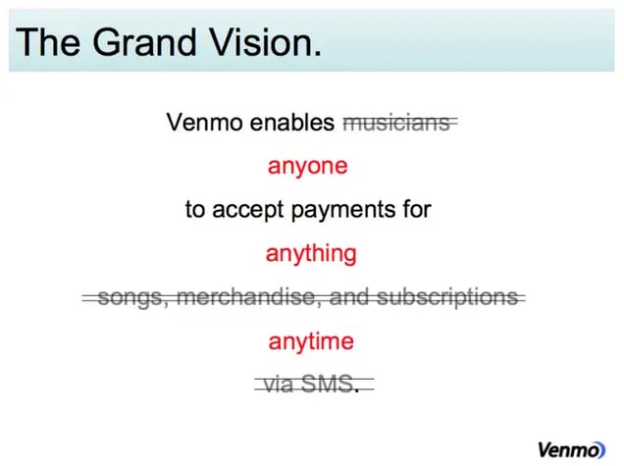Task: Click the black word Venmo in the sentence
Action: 199,123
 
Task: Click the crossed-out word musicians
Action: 397,123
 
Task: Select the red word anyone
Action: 307,166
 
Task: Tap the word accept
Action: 250,209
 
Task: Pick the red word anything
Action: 311,254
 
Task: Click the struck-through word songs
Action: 128,297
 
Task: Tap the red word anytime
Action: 311,342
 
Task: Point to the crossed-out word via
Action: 279,385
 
